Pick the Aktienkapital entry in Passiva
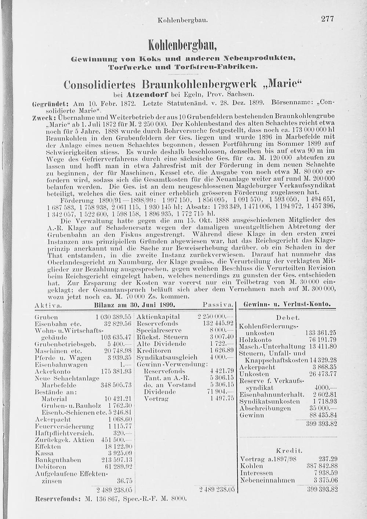click(x=158, y=317)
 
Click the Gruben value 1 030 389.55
click(x=113, y=317)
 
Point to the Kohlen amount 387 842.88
click(x=321, y=466)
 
